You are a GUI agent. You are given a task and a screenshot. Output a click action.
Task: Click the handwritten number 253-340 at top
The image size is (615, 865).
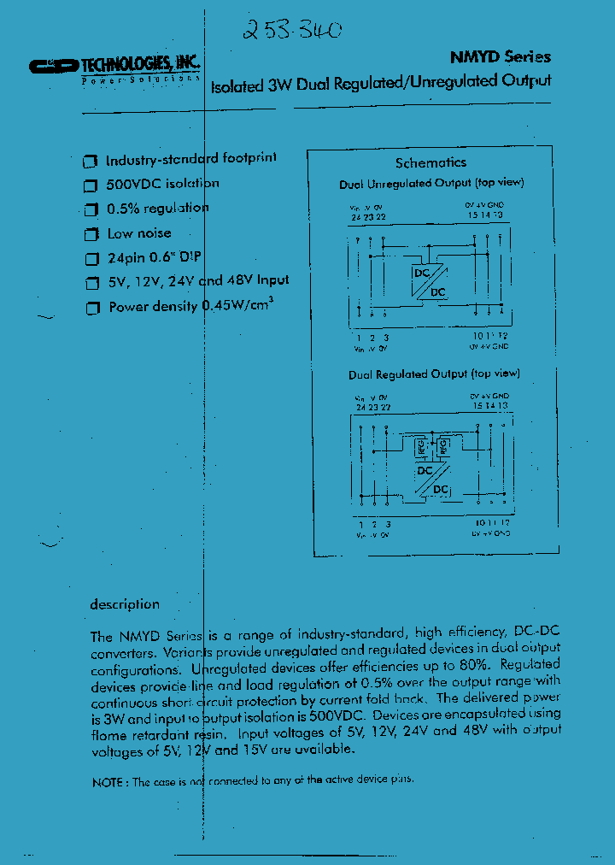(291, 31)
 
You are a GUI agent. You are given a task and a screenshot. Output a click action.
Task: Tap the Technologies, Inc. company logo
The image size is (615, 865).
(114, 65)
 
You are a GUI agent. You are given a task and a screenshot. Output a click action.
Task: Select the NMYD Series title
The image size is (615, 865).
(501, 57)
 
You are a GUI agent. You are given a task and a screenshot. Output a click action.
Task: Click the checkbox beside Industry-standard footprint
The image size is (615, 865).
(88, 162)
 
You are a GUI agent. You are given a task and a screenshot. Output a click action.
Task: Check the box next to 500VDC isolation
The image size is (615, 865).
(90, 185)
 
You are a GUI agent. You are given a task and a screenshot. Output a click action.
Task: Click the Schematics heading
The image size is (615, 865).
(430, 162)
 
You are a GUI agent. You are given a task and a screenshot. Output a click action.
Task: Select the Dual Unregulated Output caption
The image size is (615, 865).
(431, 184)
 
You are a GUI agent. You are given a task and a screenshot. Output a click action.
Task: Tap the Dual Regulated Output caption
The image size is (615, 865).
(434, 374)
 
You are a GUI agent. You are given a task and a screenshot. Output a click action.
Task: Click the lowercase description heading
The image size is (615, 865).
(125, 604)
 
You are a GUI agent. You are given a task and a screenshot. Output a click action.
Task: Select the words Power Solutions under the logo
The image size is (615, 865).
(141, 79)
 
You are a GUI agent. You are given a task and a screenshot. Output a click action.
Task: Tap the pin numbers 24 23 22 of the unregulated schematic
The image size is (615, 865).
(368, 217)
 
